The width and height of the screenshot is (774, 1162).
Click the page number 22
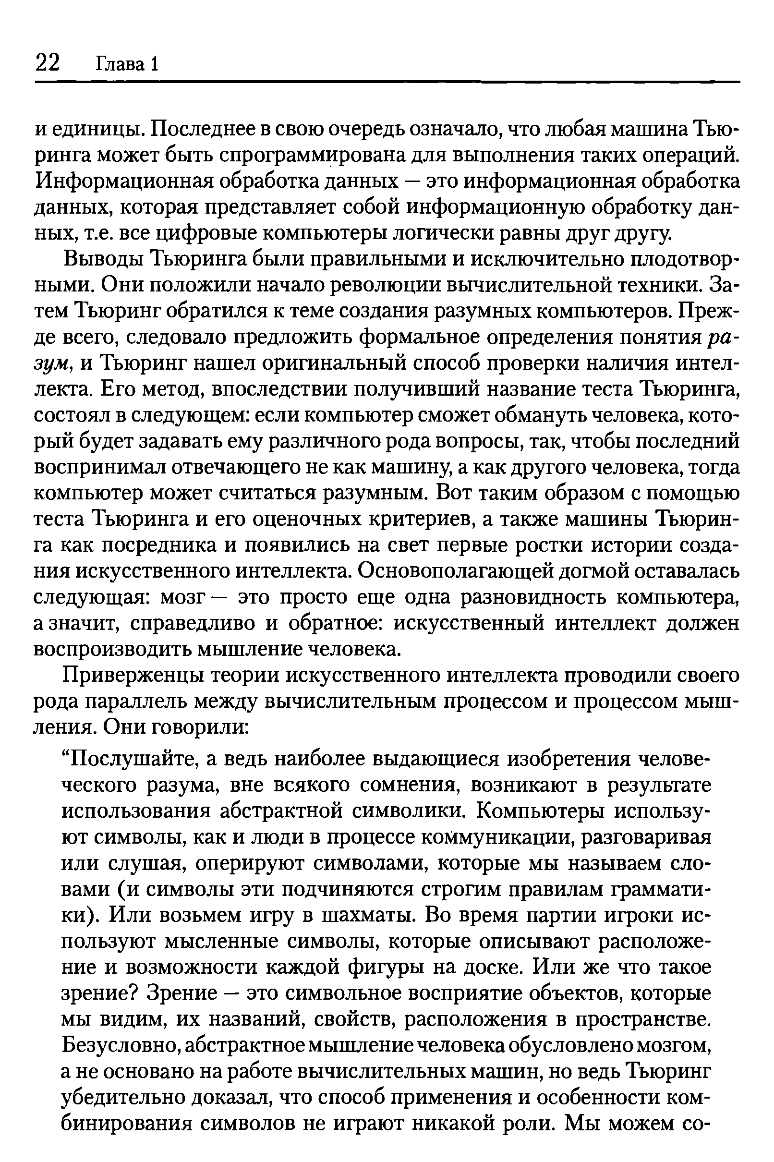tap(48, 63)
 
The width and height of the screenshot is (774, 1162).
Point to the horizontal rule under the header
tap(387, 82)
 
